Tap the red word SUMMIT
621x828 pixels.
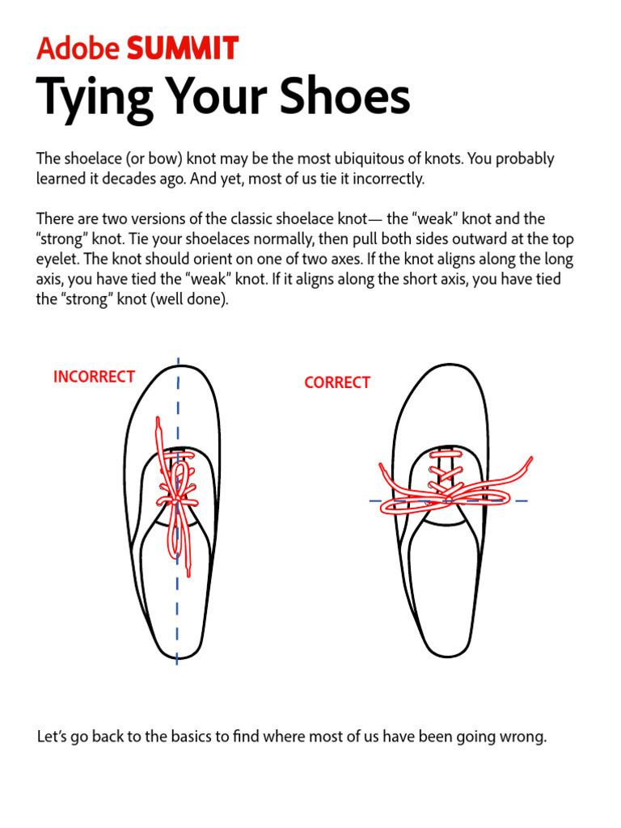coord(183,50)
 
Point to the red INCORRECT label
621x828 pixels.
coord(94,377)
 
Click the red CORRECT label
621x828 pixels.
coord(337,383)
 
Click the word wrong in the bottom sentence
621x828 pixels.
coord(525,737)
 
